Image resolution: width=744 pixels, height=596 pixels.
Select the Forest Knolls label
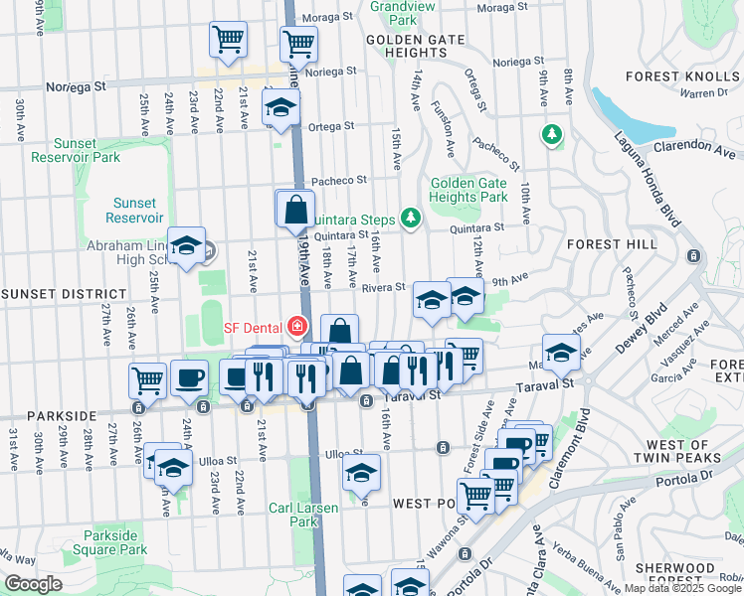coord(683,76)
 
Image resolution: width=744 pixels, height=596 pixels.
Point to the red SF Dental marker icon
coord(294,326)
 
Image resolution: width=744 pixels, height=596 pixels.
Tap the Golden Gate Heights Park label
coord(466,190)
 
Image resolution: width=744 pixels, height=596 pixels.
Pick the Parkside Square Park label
coord(117,542)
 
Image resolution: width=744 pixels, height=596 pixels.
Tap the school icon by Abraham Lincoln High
coord(186,248)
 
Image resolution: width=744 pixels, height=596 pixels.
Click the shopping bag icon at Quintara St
coord(295,209)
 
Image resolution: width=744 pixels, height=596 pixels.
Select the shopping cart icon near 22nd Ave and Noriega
coord(228,41)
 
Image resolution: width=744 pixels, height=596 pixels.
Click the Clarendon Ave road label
coord(695,149)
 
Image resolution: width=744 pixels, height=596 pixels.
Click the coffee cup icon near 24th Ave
coord(189,377)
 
